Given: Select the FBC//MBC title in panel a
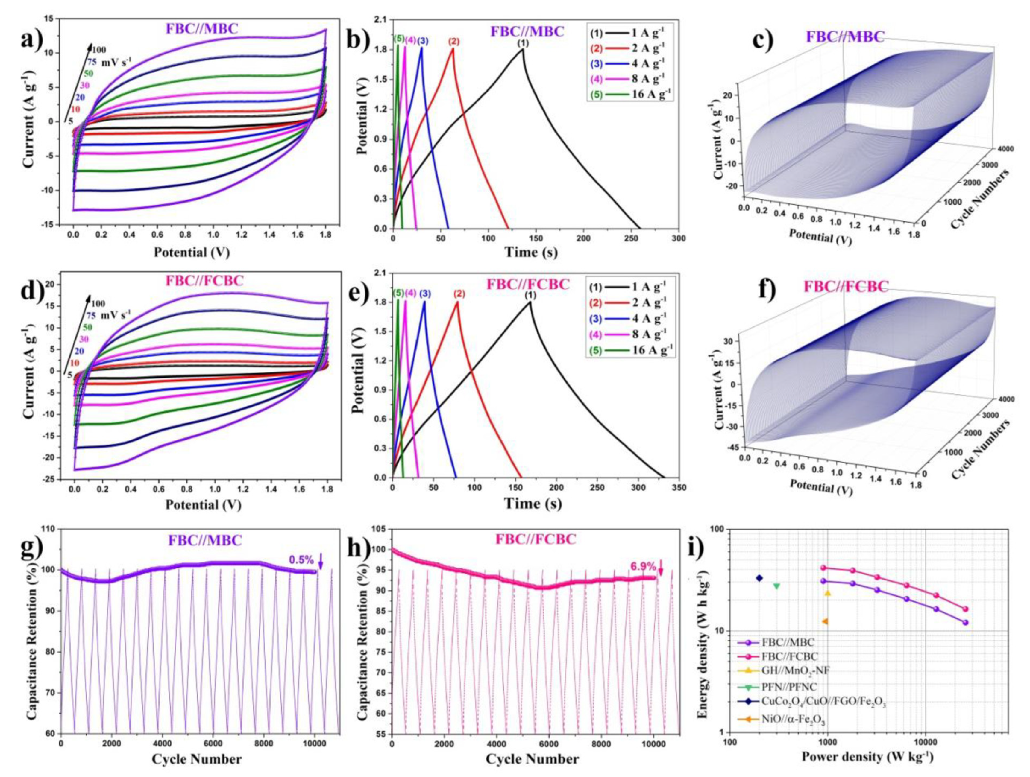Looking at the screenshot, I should click(202, 29).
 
